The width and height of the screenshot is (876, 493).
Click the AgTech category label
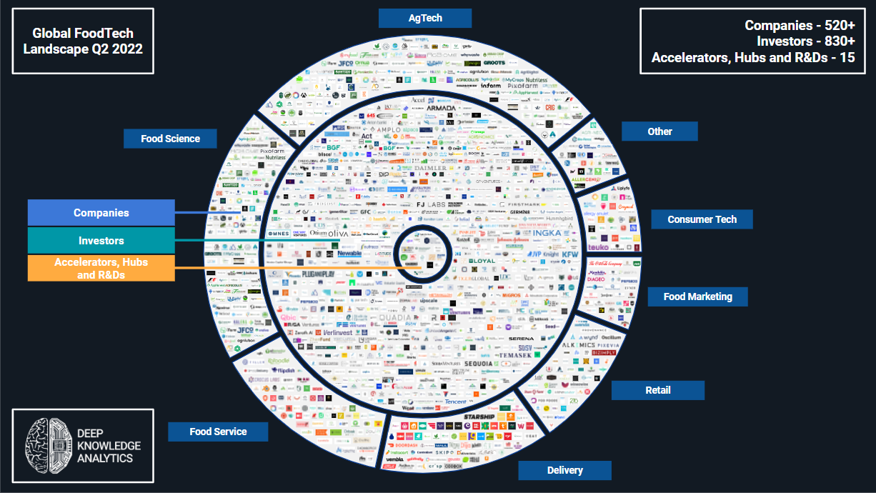tap(424, 18)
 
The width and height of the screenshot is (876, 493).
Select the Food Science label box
tap(170, 139)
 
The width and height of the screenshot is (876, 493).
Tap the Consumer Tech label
tap(702, 219)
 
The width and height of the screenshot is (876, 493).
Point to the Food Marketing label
tap(697, 297)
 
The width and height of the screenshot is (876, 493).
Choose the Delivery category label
tap(564, 470)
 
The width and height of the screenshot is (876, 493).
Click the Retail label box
tap(657, 390)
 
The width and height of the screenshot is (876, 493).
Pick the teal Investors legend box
tap(101, 241)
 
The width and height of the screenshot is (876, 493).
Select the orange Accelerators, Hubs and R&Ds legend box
tap(101, 268)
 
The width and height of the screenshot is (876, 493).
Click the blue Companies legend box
tap(101, 213)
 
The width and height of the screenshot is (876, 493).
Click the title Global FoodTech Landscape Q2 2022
tap(83, 41)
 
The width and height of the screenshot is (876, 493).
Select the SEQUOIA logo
tap(478, 364)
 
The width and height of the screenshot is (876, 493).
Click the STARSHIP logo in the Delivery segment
tap(479, 417)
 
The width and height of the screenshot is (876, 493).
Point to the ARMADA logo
tap(441, 108)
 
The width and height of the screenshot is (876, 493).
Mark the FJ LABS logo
tap(431, 205)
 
